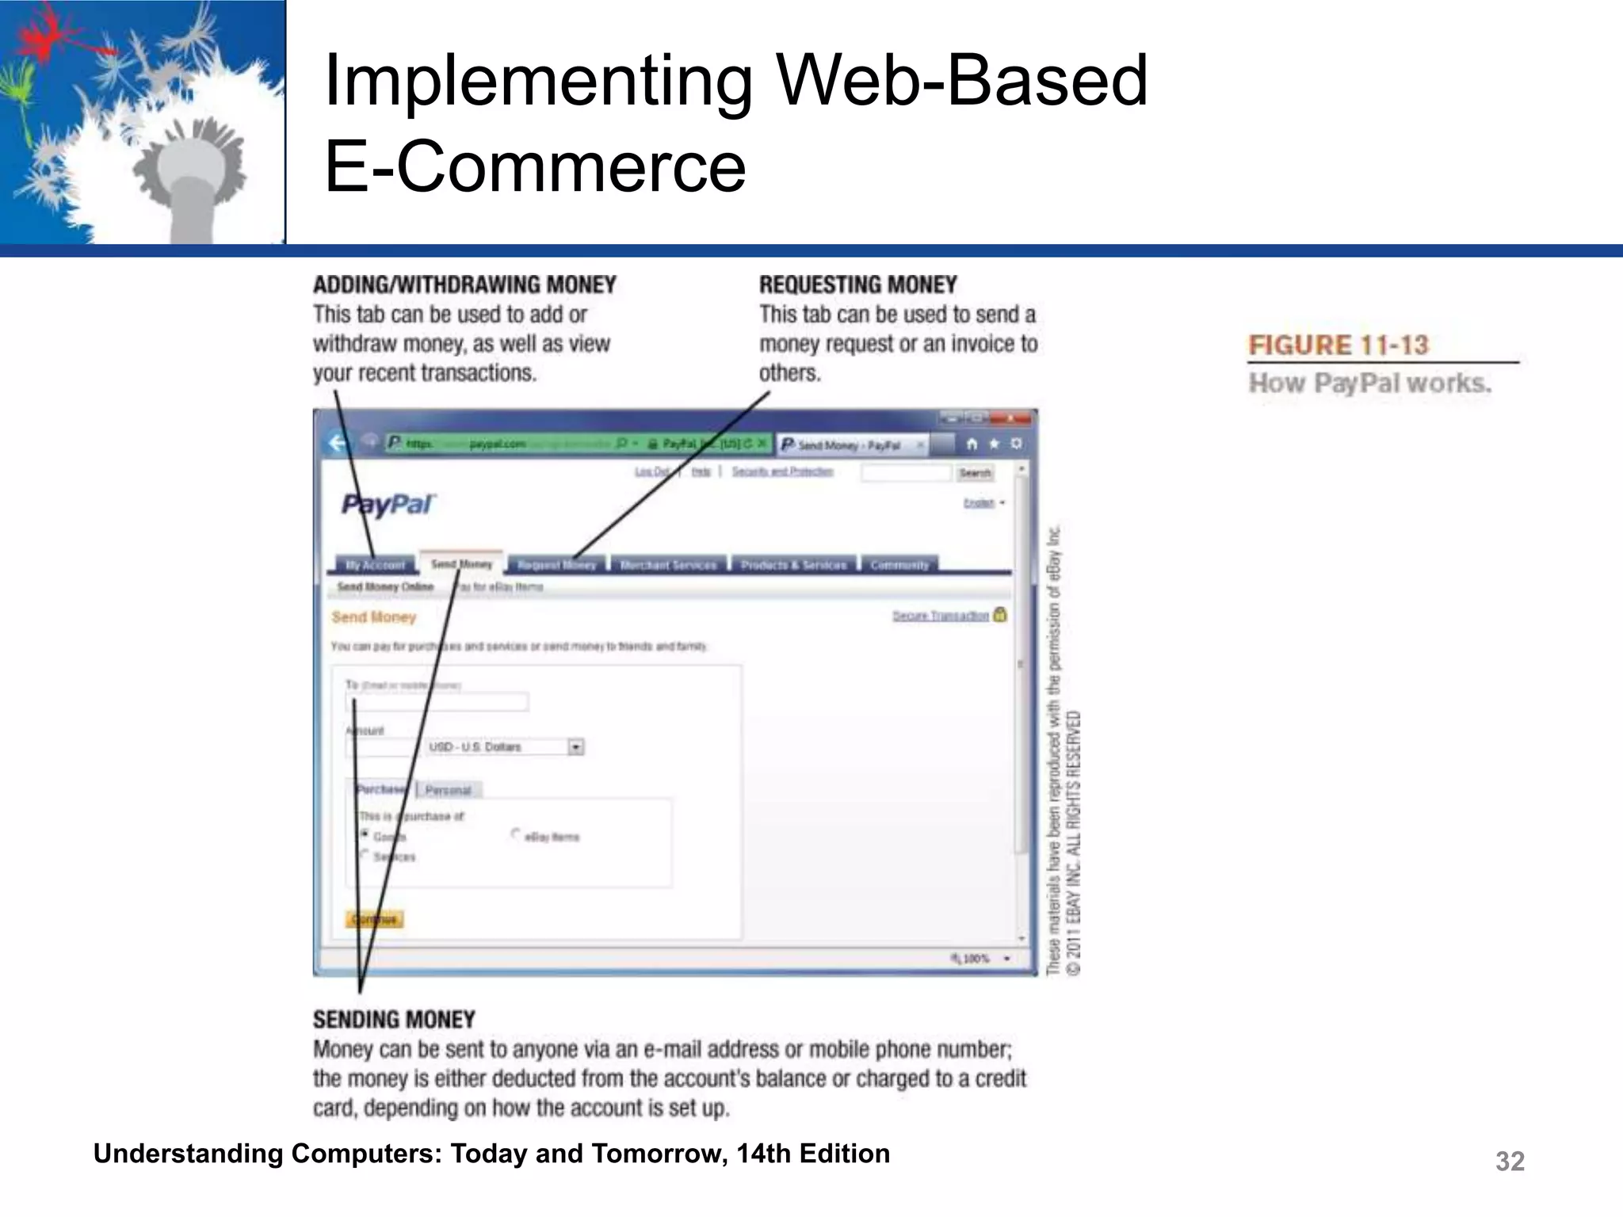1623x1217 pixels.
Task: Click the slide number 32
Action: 1509,1161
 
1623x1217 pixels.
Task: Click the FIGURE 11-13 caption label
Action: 1338,345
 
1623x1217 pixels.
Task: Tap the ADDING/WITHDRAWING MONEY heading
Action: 464,285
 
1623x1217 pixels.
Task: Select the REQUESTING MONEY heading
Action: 857,285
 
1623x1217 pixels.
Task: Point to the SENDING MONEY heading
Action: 394,1020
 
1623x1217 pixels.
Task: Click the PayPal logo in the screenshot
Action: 388,505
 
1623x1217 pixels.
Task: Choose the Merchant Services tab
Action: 668,565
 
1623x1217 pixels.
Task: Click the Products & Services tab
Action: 793,565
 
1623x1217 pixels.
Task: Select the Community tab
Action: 899,565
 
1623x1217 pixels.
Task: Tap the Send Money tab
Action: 461,563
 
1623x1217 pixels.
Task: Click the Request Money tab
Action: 556,565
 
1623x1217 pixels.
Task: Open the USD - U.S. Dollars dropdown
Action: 576,747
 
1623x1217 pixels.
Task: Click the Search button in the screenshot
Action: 975,473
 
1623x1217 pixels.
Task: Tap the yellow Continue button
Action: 375,919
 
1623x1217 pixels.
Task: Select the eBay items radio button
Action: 516,834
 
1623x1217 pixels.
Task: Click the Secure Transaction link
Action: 941,616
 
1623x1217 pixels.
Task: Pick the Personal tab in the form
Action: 448,790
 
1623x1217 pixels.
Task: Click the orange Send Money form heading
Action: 373,617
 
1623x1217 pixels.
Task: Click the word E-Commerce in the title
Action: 535,166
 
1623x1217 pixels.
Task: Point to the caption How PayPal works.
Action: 1369,383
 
